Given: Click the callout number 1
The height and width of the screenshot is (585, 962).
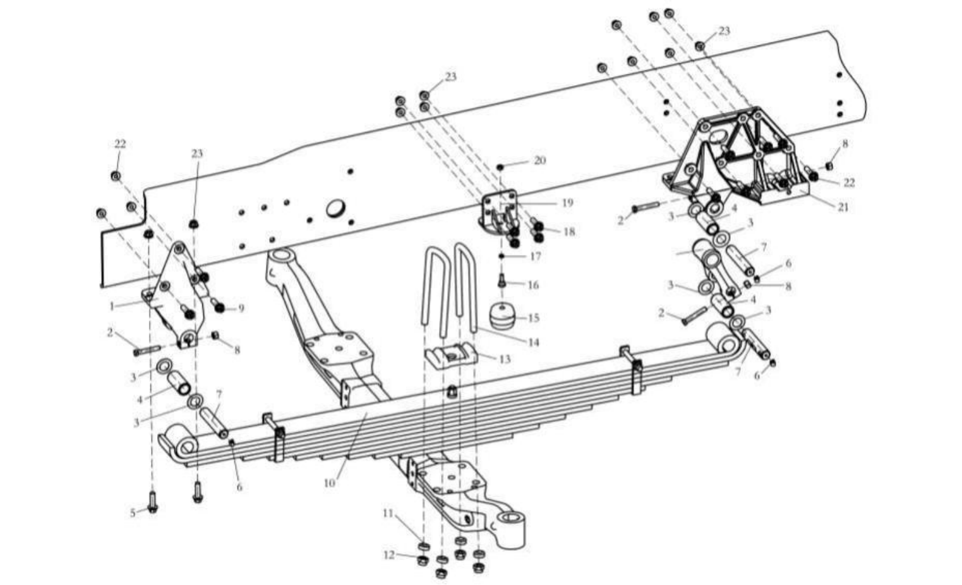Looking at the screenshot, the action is [x=112, y=307].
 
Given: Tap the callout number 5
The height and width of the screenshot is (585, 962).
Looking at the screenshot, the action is [x=133, y=512].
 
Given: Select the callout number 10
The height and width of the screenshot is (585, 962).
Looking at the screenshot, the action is [x=329, y=483].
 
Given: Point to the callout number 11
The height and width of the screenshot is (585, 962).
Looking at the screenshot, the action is [x=388, y=513].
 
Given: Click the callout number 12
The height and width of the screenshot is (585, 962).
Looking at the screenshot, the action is [x=389, y=555].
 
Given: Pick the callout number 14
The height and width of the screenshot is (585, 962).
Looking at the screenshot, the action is [x=533, y=343].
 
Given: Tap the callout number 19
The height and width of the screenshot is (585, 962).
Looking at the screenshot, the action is [x=568, y=203].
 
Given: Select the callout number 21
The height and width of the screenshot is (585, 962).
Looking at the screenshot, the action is [x=843, y=207].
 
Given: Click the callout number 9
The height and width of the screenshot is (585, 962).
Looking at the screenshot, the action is [x=241, y=308].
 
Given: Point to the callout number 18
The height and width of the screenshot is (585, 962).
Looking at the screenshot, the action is [x=569, y=232].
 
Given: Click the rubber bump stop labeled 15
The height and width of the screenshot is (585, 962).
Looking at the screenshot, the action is [x=502, y=318].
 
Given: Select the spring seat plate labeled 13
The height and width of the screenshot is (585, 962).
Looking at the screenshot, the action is [x=452, y=354].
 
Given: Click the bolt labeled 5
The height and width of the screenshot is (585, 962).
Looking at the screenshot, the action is [x=152, y=502].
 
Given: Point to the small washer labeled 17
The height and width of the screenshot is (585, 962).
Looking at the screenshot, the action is [x=501, y=256].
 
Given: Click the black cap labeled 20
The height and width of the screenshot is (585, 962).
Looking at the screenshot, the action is [x=500, y=167].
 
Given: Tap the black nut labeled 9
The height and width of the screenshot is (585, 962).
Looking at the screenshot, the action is [x=219, y=308].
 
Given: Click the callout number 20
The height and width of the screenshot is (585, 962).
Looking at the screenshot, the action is [x=540, y=160].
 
